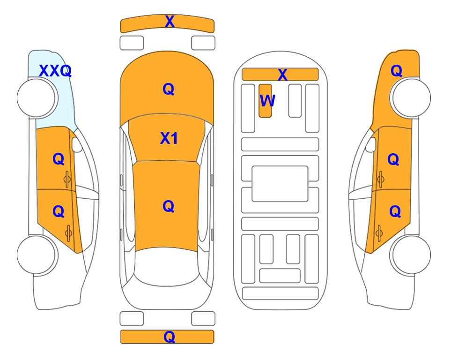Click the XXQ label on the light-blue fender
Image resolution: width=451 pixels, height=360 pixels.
pos(55,71)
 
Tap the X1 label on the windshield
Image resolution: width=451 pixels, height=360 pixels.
pos(169,138)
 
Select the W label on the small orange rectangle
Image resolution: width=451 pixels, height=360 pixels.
pos(267,101)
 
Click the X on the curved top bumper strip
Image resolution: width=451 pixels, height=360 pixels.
pos(170,22)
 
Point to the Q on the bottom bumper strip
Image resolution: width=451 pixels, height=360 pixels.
pos(169,337)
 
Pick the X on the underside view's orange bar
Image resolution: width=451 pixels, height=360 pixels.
pos(282,75)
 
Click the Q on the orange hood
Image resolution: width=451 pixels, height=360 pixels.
pos(169,89)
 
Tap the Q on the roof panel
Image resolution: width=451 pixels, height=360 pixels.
pos(169,206)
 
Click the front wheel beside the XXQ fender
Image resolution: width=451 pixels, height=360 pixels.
pos(37,98)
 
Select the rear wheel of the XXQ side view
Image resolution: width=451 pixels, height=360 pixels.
pos(37,255)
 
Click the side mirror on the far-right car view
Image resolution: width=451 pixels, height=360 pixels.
pos(370,144)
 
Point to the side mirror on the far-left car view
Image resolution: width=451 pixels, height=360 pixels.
pos(77,144)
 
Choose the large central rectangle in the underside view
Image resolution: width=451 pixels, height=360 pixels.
pos(280,184)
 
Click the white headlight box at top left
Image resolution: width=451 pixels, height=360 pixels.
pos(132,43)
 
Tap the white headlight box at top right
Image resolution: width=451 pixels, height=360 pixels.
pos(203,43)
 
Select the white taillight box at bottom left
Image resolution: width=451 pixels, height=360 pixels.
pos(132,319)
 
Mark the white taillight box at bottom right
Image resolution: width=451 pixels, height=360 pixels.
pos(203,319)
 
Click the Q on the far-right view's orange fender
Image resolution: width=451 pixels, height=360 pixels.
pos(396,71)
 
